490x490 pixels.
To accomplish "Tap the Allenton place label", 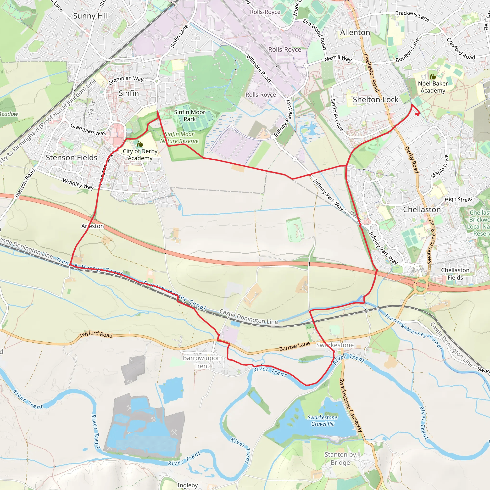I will pyautogui.click(x=355, y=33).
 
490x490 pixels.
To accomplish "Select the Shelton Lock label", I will pyautogui.click(x=375, y=100).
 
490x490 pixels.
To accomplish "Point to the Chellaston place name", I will pyautogui.click(x=422, y=210).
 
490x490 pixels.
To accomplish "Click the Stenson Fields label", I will pyautogui.click(x=72, y=157).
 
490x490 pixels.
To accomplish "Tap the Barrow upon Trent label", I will pyautogui.click(x=202, y=362).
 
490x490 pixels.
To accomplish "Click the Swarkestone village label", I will pyautogui.click(x=334, y=345).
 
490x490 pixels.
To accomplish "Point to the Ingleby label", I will pyautogui.click(x=187, y=485).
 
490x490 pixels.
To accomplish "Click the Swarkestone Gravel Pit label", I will pyautogui.click(x=322, y=421).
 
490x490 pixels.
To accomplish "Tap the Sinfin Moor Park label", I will pyautogui.click(x=189, y=116).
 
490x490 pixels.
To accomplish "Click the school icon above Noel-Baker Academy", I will pyautogui.click(x=433, y=76).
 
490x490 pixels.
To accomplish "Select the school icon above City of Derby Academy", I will pyautogui.click(x=140, y=144).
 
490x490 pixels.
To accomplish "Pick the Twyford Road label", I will pyautogui.click(x=96, y=334).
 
